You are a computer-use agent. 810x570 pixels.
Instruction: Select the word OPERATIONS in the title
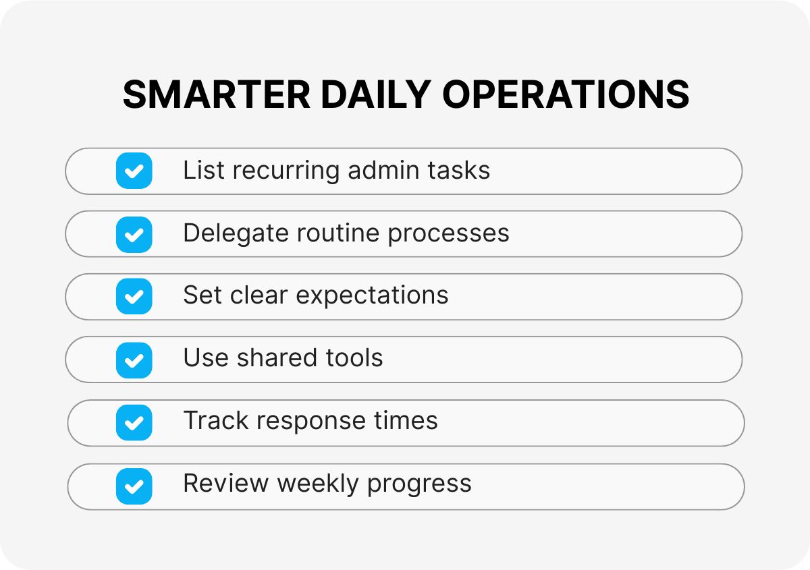coord(566,94)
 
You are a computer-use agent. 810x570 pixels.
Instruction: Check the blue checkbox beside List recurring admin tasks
coord(134,171)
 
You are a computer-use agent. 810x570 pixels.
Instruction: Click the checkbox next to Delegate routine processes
coord(134,234)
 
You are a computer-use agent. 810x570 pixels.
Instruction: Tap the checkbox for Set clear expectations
coord(134,296)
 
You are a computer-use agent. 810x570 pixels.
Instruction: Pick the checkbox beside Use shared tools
coord(134,360)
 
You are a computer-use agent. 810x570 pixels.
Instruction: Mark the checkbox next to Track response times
coord(134,423)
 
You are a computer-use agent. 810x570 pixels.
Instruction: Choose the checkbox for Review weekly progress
coord(134,486)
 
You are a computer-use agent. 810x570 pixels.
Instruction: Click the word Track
coord(215,422)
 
